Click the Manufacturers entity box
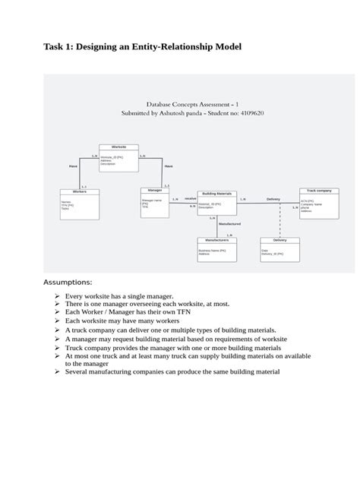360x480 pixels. pyautogui.click(x=216, y=248)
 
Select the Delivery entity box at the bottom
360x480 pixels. pyautogui.click(x=279, y=248)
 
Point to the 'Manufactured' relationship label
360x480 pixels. pyautogui.click(x=229, y=224)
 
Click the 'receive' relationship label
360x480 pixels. pyautogui.click(x=190, y=198)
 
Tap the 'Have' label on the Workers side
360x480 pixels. pyautogui.click(x=73, y=165)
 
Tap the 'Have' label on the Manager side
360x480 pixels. pyautogui.click(x=169, y=165)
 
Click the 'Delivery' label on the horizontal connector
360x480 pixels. pyautogui.click(x=273, y=199)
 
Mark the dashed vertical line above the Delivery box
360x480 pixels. pyautogui.click(x=281, y=220)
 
